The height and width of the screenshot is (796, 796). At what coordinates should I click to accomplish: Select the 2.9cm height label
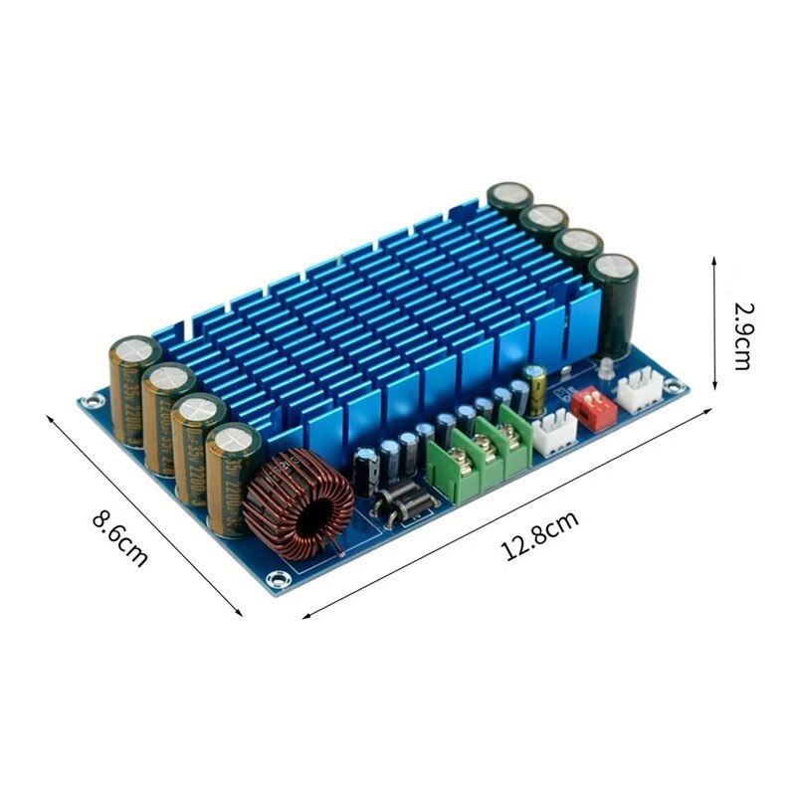pyautogui.click(x=742, y=335)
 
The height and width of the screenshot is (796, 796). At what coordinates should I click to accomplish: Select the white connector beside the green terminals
pyautogui.click(x=554, y=434)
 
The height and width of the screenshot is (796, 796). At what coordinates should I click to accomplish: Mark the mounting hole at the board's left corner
pyautogui.click(x=93, y=402)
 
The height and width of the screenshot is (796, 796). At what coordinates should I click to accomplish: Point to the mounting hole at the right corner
pyautogui.click(x=676, y=384)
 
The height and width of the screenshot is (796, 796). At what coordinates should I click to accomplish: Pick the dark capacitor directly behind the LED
pyautogui.click(x=613, y=303)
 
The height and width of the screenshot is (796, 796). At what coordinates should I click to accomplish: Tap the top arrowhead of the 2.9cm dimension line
pyautogui.click(x=715, y=260)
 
